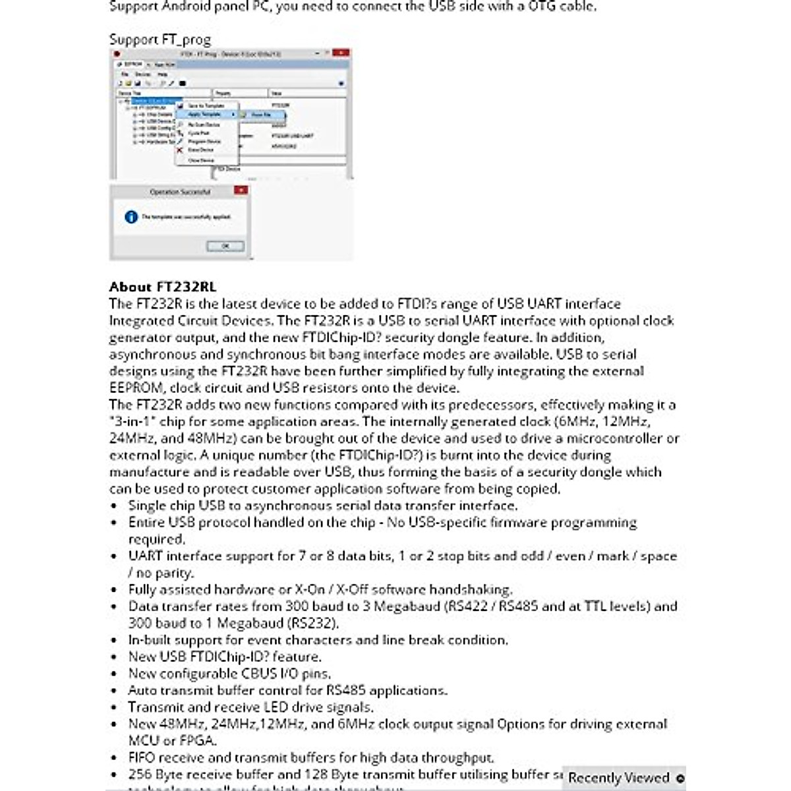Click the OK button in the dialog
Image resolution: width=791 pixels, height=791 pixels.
point(225,246)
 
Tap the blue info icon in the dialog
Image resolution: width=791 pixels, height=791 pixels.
point(131,216)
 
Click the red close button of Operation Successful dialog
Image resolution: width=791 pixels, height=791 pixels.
point(241,190)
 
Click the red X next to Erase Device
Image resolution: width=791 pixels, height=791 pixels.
point(179,150)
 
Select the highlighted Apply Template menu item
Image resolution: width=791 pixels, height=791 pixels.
point(204,115)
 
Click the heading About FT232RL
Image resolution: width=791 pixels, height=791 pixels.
point(163,287)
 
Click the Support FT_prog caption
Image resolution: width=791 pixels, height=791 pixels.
point(160,40)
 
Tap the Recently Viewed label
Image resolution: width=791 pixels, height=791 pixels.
point(618,778)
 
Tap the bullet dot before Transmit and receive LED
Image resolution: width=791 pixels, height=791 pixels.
point(115,707)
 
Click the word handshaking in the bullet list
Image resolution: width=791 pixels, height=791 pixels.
point(471,589)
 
